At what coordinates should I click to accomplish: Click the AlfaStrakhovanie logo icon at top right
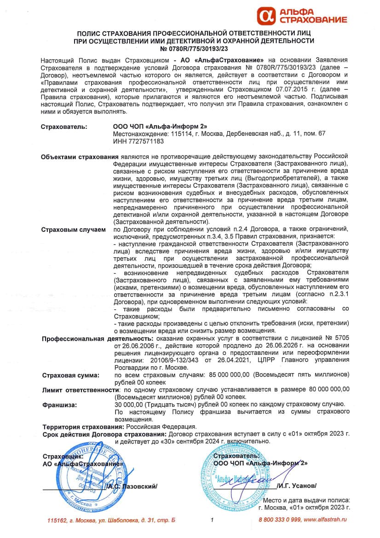[x=266, y=15]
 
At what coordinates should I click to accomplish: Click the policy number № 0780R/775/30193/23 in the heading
[x=194, y=48]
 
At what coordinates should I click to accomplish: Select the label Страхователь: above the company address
[x=64, y=126]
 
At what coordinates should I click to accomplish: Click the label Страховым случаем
[x=73, y=229]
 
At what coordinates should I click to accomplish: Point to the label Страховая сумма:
[x=71, y=376]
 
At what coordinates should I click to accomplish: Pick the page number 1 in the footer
[x=213, y=520]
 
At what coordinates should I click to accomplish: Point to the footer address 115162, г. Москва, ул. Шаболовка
[x=111, y=520]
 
